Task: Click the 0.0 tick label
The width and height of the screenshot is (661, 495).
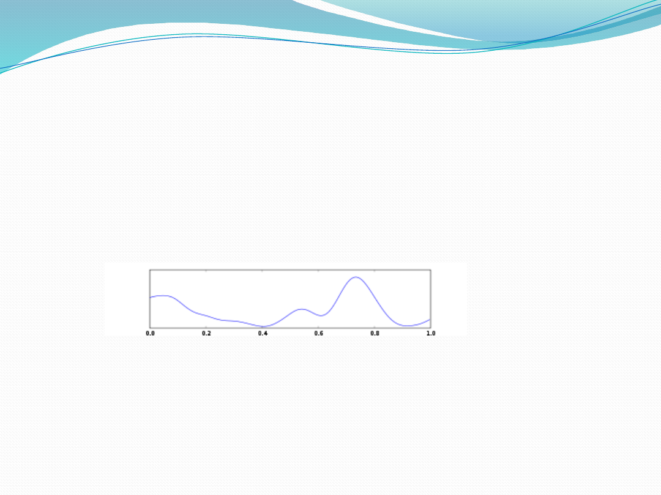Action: pos(150,334)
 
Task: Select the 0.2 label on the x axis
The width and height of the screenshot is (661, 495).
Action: pos(206,334)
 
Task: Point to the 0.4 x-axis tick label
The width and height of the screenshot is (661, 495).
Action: pos(263,334)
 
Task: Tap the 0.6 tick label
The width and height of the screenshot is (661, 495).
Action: pos(319,334)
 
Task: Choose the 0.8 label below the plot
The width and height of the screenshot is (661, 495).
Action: pos(375,334)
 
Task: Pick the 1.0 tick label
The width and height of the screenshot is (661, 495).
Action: pos(431,334)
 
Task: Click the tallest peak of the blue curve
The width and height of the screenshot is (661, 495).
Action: pos(356,277)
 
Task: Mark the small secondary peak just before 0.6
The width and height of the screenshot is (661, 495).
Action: pos(301,309)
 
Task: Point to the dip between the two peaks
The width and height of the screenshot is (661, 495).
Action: pos(321,315)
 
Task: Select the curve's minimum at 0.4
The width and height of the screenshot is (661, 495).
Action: pos(263,326)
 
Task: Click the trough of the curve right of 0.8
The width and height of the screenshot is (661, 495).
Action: pos(407,326)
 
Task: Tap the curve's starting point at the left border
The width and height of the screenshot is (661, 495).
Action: pos(151,298)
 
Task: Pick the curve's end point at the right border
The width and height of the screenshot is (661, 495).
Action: pos(430,320)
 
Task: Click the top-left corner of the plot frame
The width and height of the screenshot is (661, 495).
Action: pos(150,270)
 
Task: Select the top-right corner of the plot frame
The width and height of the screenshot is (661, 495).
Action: pos(430,270)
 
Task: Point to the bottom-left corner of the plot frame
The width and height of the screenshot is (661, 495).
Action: pos(150,328)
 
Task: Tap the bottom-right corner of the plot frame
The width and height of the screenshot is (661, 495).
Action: pos(430,328)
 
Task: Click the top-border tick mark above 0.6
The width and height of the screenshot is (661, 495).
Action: pos(318,271)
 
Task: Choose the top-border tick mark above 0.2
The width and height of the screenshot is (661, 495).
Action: pos(206,271)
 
